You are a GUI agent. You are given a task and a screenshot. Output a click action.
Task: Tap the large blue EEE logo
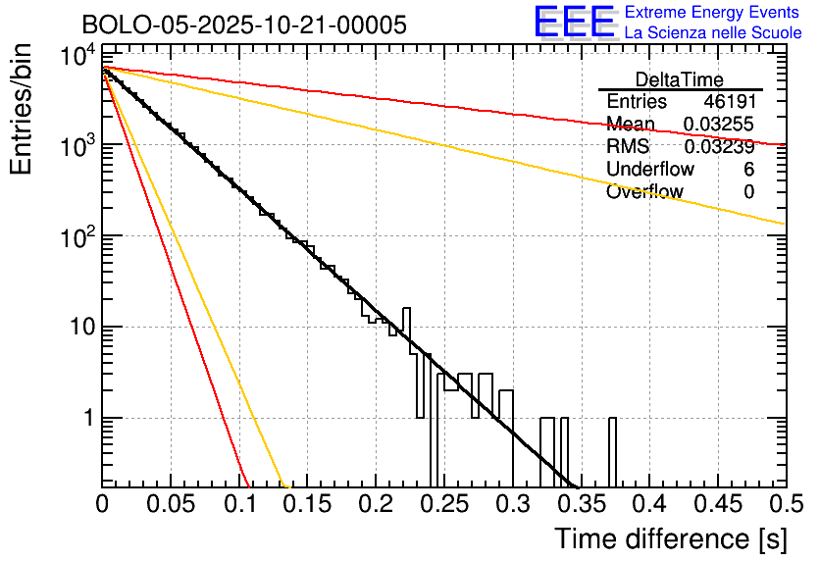pyautogui.click(x=573, y=22)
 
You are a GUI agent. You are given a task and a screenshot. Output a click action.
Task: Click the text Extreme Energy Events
pyautogui.click(x=713, y=13)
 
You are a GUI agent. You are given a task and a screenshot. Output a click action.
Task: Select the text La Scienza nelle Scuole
pyautogui.click(x=713, y=32)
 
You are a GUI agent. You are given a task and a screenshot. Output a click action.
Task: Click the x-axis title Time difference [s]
pyautogui.click(x=669, y=538)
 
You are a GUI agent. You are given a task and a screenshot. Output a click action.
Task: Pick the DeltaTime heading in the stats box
pyautogui.click(x=680, y=79)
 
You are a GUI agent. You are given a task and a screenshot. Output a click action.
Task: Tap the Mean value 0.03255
pyautogui.click(x=719, y=125)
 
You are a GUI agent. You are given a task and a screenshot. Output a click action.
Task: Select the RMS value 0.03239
pyautogui.click(x=719, y=147)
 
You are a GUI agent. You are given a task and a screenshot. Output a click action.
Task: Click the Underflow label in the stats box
pyautogui.click(x=649, y=170)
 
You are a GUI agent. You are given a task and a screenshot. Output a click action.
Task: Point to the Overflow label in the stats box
pyautogui.click(x=644, y=192)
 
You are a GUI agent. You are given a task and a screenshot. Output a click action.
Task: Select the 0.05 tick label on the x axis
pyautogui.click(x=171, y=504)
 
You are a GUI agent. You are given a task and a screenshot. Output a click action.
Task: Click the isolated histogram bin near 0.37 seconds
pyautogui.click(x=613, y=451)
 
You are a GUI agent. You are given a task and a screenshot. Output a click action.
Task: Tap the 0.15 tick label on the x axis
pyautogui.click(x=307, y=504)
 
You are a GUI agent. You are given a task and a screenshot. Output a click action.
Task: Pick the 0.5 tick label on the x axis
pyautogui.click(x=785, y=504)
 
